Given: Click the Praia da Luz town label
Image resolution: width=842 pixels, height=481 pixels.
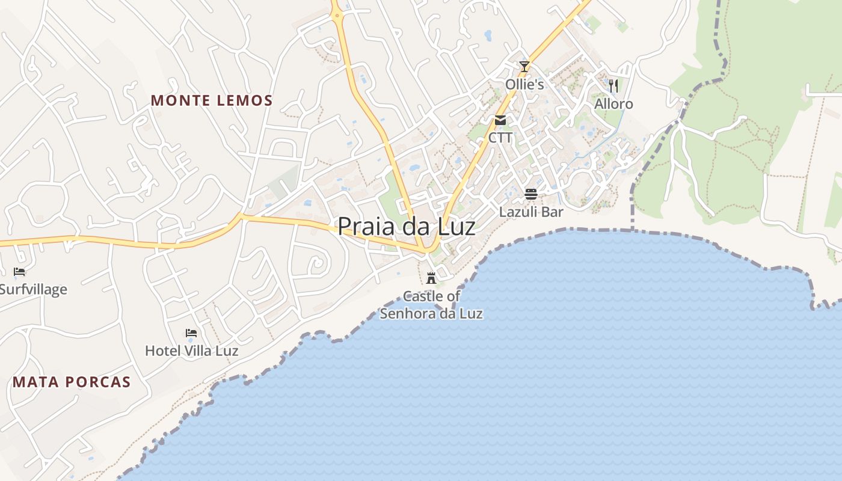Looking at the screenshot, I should click(407, 227).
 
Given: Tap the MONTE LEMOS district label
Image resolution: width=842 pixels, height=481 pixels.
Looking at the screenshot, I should click(212, 100).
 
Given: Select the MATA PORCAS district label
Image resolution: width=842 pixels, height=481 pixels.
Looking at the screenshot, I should click(72, 382).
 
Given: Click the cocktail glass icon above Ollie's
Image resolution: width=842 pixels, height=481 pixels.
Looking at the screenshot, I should click(524, 66).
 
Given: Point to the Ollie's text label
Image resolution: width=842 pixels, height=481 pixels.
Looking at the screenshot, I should click(524, 84).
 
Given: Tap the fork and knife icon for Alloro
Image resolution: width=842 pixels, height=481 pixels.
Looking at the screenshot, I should click(613, 86).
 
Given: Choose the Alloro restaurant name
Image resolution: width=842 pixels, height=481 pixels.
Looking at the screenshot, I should click(613, 104).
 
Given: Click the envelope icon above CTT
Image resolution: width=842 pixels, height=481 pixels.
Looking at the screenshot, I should click(500, 120).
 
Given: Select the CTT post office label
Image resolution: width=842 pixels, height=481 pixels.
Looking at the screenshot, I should click(500, 138).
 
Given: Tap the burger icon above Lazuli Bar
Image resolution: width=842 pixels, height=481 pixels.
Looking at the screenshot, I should click(531, 194).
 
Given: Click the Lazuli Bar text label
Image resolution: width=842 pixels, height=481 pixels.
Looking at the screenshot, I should click(531, 212).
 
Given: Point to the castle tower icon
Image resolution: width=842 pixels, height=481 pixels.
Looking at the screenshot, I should click(431, 278).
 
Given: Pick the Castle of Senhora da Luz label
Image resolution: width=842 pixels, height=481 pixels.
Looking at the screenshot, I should click(431, 305).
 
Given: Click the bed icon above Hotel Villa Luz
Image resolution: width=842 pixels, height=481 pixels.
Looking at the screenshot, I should click(191, 332).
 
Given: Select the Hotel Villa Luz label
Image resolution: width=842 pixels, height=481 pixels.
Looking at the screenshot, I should click(191, 351).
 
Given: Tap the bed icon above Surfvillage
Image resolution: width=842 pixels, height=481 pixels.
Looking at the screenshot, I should click(19, 272).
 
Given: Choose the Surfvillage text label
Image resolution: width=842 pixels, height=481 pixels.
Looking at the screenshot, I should click(33, 289).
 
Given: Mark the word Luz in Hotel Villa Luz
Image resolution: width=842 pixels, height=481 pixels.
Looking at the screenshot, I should click(227, 351).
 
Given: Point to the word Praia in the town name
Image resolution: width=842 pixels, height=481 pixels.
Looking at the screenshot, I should click(361, 227).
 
